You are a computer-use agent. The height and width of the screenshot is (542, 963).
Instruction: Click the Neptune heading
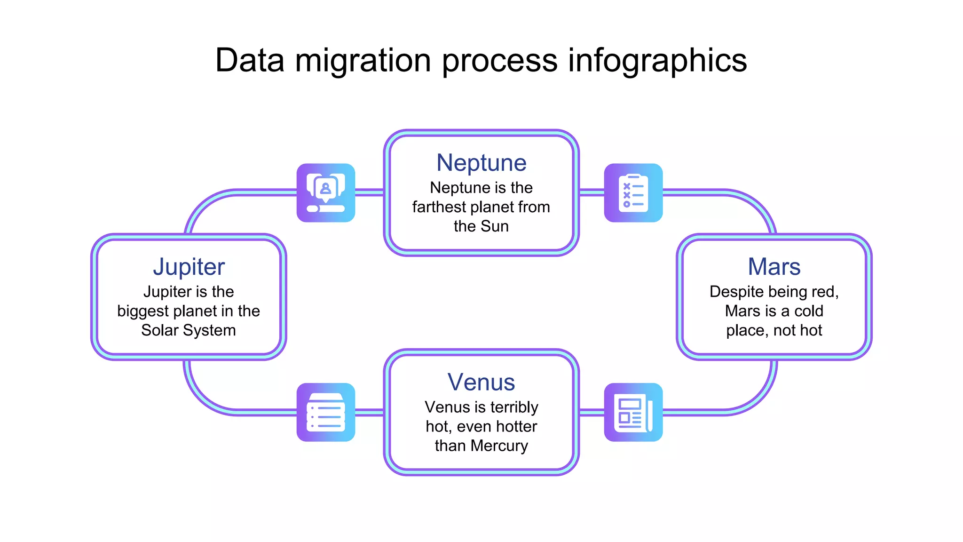click(481, 163)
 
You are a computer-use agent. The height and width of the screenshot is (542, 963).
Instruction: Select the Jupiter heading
click(189, 267)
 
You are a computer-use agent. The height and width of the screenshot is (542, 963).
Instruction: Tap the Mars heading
click(774, 267)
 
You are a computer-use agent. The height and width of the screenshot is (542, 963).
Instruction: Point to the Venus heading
click(481, 382)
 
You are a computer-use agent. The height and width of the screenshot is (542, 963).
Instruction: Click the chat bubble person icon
click(325, 192)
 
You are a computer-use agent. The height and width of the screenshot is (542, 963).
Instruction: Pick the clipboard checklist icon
click(633, 192)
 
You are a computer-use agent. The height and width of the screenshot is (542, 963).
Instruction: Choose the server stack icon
click(325, 412)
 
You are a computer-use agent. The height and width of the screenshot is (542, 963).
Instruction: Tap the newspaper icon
click(633, 412)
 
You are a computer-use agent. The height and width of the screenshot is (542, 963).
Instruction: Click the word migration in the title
click(363, 61)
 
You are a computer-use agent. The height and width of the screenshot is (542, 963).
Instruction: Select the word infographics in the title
click(657, 61)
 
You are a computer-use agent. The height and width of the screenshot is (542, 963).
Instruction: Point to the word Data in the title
click(250, 60)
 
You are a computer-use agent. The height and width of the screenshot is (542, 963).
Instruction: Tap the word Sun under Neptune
click(494, 226)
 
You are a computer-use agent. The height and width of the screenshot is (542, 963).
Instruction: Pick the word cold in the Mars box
click(809, 311)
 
